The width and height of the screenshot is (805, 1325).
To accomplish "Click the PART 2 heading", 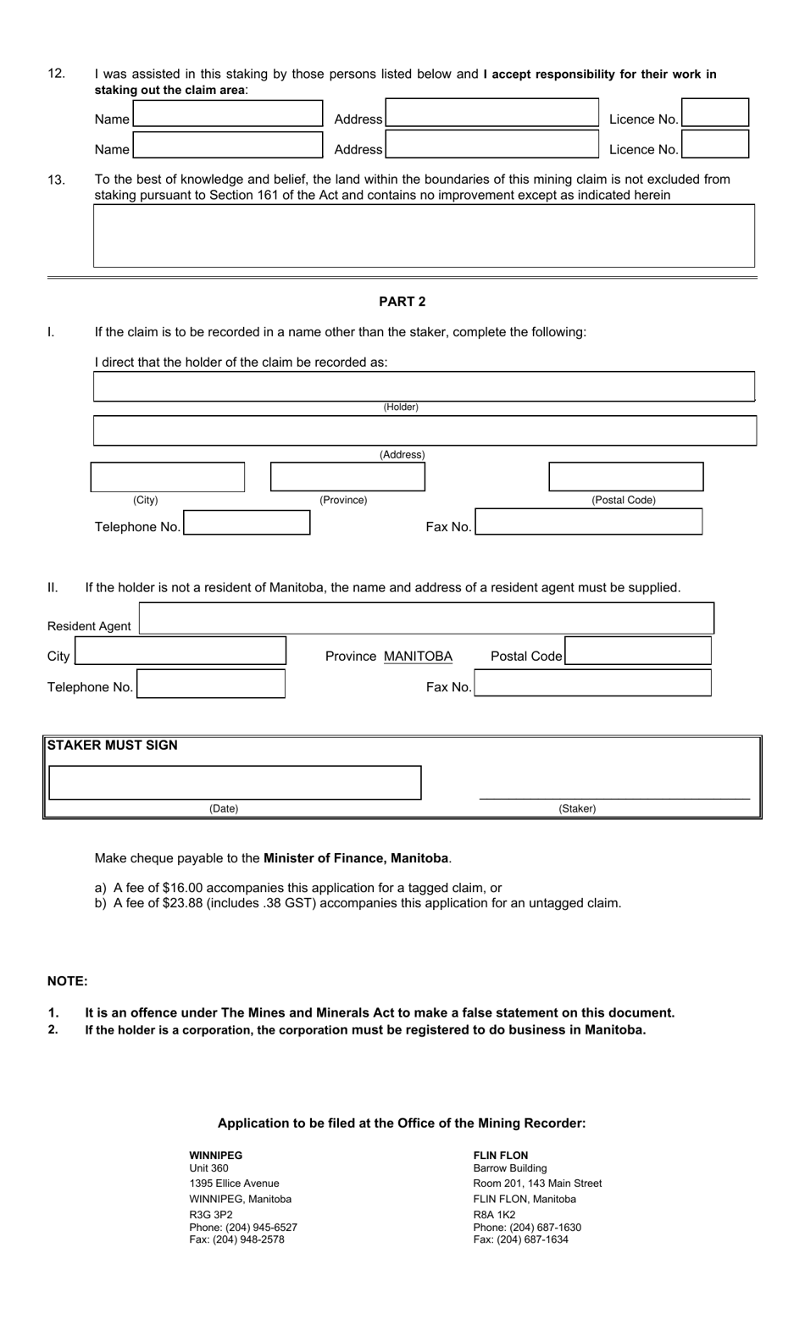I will [402, 302].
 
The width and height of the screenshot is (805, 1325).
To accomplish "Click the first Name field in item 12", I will [228, 114].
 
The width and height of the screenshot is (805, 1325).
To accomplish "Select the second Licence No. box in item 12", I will [715, 145].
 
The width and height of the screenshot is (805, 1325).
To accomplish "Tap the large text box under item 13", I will [424, 236].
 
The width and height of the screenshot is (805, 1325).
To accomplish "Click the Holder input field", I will [424, 386].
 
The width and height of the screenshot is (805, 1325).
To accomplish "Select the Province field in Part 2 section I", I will [347, 477].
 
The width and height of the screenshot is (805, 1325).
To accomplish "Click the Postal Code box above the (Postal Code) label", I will [625, 477].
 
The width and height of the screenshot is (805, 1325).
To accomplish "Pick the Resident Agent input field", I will [426, 618].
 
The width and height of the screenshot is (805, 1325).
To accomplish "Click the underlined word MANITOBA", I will [418, 657].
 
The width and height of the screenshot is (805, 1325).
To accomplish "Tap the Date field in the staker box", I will [235, 783].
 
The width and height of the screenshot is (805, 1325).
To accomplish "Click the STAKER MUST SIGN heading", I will [113, 746].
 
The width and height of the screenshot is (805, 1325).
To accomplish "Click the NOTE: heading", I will [68, 981].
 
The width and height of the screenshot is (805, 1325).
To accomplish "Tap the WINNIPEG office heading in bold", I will [215, 1156].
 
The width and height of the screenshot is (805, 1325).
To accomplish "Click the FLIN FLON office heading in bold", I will [500, 1156].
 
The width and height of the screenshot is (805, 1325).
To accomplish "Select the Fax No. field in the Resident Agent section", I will [592, 683].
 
